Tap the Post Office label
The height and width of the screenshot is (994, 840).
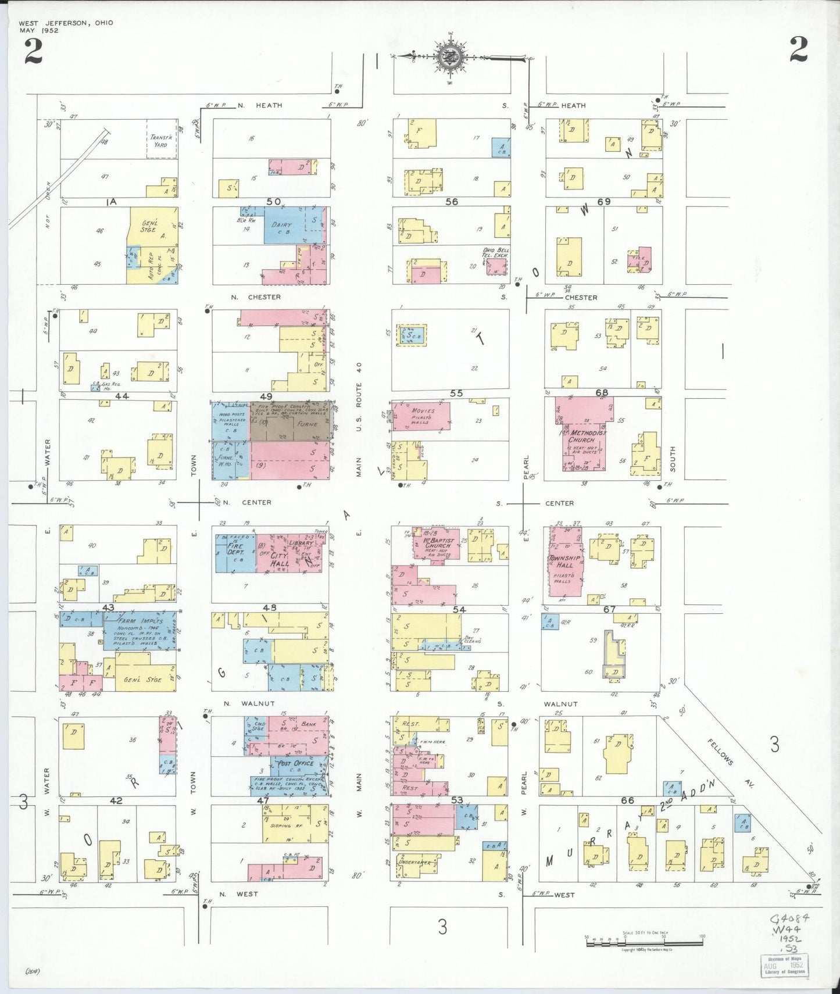296,763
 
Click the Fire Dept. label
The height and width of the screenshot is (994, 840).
235,549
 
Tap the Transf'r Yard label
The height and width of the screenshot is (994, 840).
161,141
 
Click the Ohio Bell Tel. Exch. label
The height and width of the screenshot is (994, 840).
495,253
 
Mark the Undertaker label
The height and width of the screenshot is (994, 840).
414,862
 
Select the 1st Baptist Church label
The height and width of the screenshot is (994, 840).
439,543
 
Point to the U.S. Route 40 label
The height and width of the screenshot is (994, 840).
359,396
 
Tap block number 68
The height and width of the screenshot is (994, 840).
602,393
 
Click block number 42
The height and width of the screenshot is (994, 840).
116,800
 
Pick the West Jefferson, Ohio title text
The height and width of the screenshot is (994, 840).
66,23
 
